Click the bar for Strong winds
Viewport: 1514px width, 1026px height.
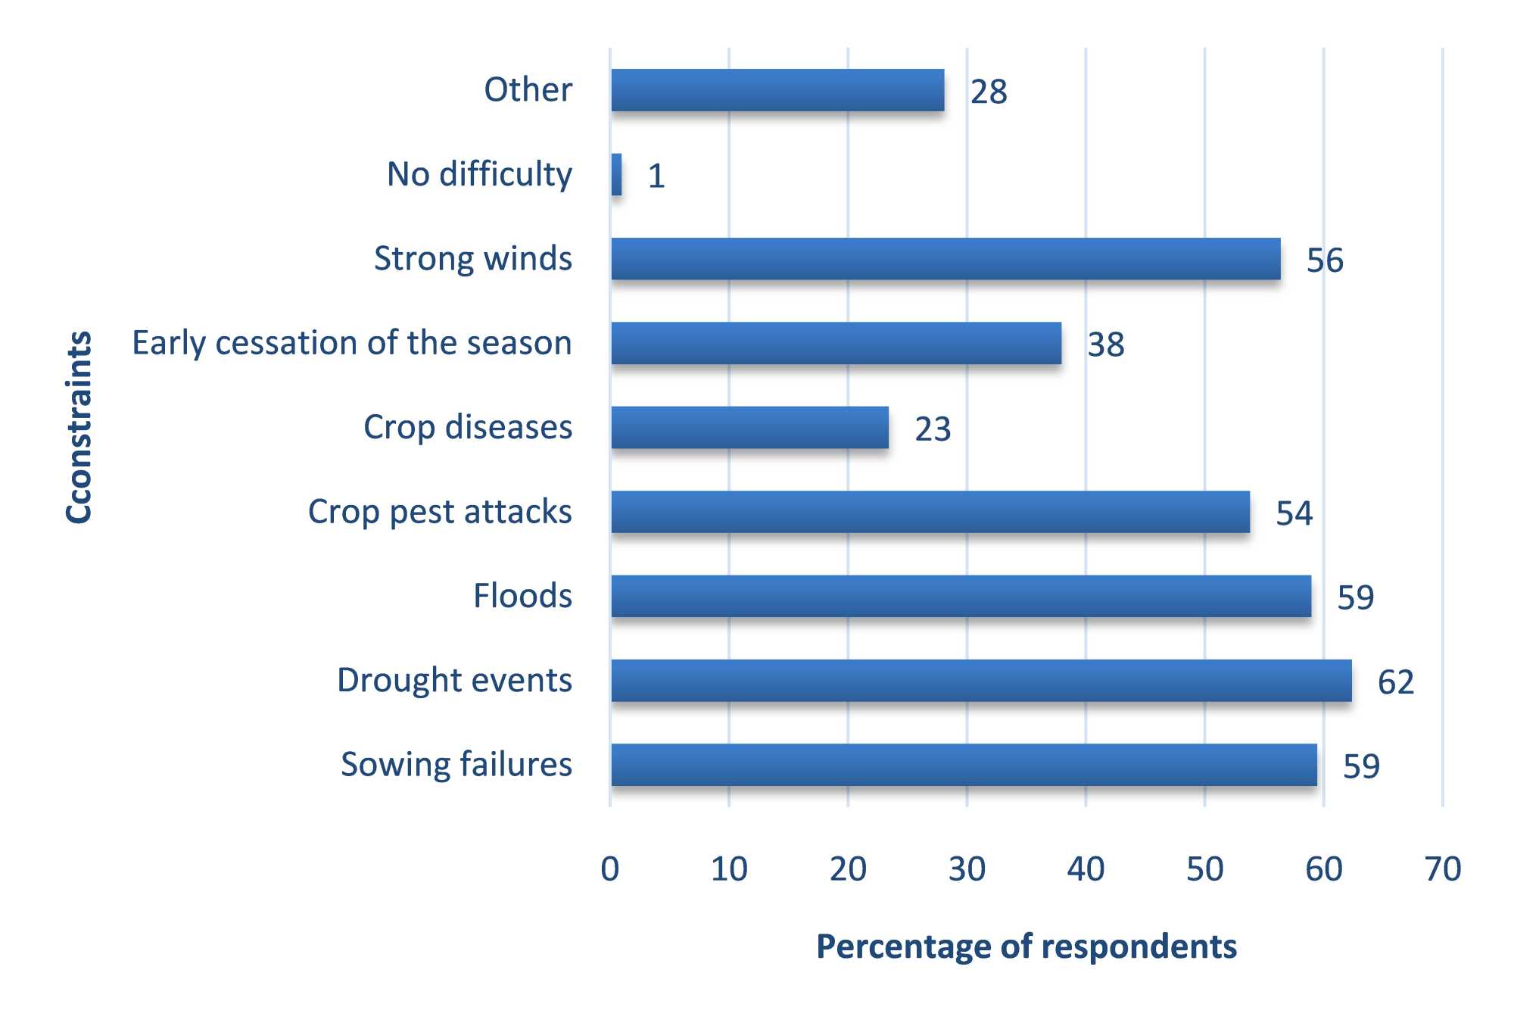[x=945, y=259]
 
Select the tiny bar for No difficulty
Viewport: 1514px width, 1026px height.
[x=617, y=175]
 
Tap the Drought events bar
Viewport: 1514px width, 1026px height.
[x=981, y=681]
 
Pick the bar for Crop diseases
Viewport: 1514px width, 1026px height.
[x=749, y=428]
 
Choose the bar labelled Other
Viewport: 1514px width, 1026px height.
[x=777, y=91]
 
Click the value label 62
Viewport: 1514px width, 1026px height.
[x=1395, y=682]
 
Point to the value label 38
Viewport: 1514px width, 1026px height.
[x=1105, y=345]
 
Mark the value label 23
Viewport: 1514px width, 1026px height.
[x=932, y=429]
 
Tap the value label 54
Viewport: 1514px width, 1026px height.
[x=1294, y=513]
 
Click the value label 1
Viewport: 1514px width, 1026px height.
[x=656, y=176]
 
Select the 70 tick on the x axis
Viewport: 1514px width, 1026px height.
[x=1442, y=869]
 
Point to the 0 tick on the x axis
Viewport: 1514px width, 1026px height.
[x=610, y=869]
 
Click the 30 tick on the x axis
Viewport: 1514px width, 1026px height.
[x=967, y=869]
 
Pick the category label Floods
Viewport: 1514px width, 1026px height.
[x=522, y=596]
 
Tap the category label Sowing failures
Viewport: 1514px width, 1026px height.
[x=456, y=765]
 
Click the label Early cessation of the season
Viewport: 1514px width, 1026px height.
[x=352, y=343]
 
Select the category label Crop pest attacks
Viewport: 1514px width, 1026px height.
[x=440, y=512]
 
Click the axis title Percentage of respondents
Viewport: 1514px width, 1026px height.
[x=1026, y=947]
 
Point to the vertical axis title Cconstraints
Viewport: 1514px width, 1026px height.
[x=79, y=427]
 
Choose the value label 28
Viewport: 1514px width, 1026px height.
[x=989, y=92]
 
